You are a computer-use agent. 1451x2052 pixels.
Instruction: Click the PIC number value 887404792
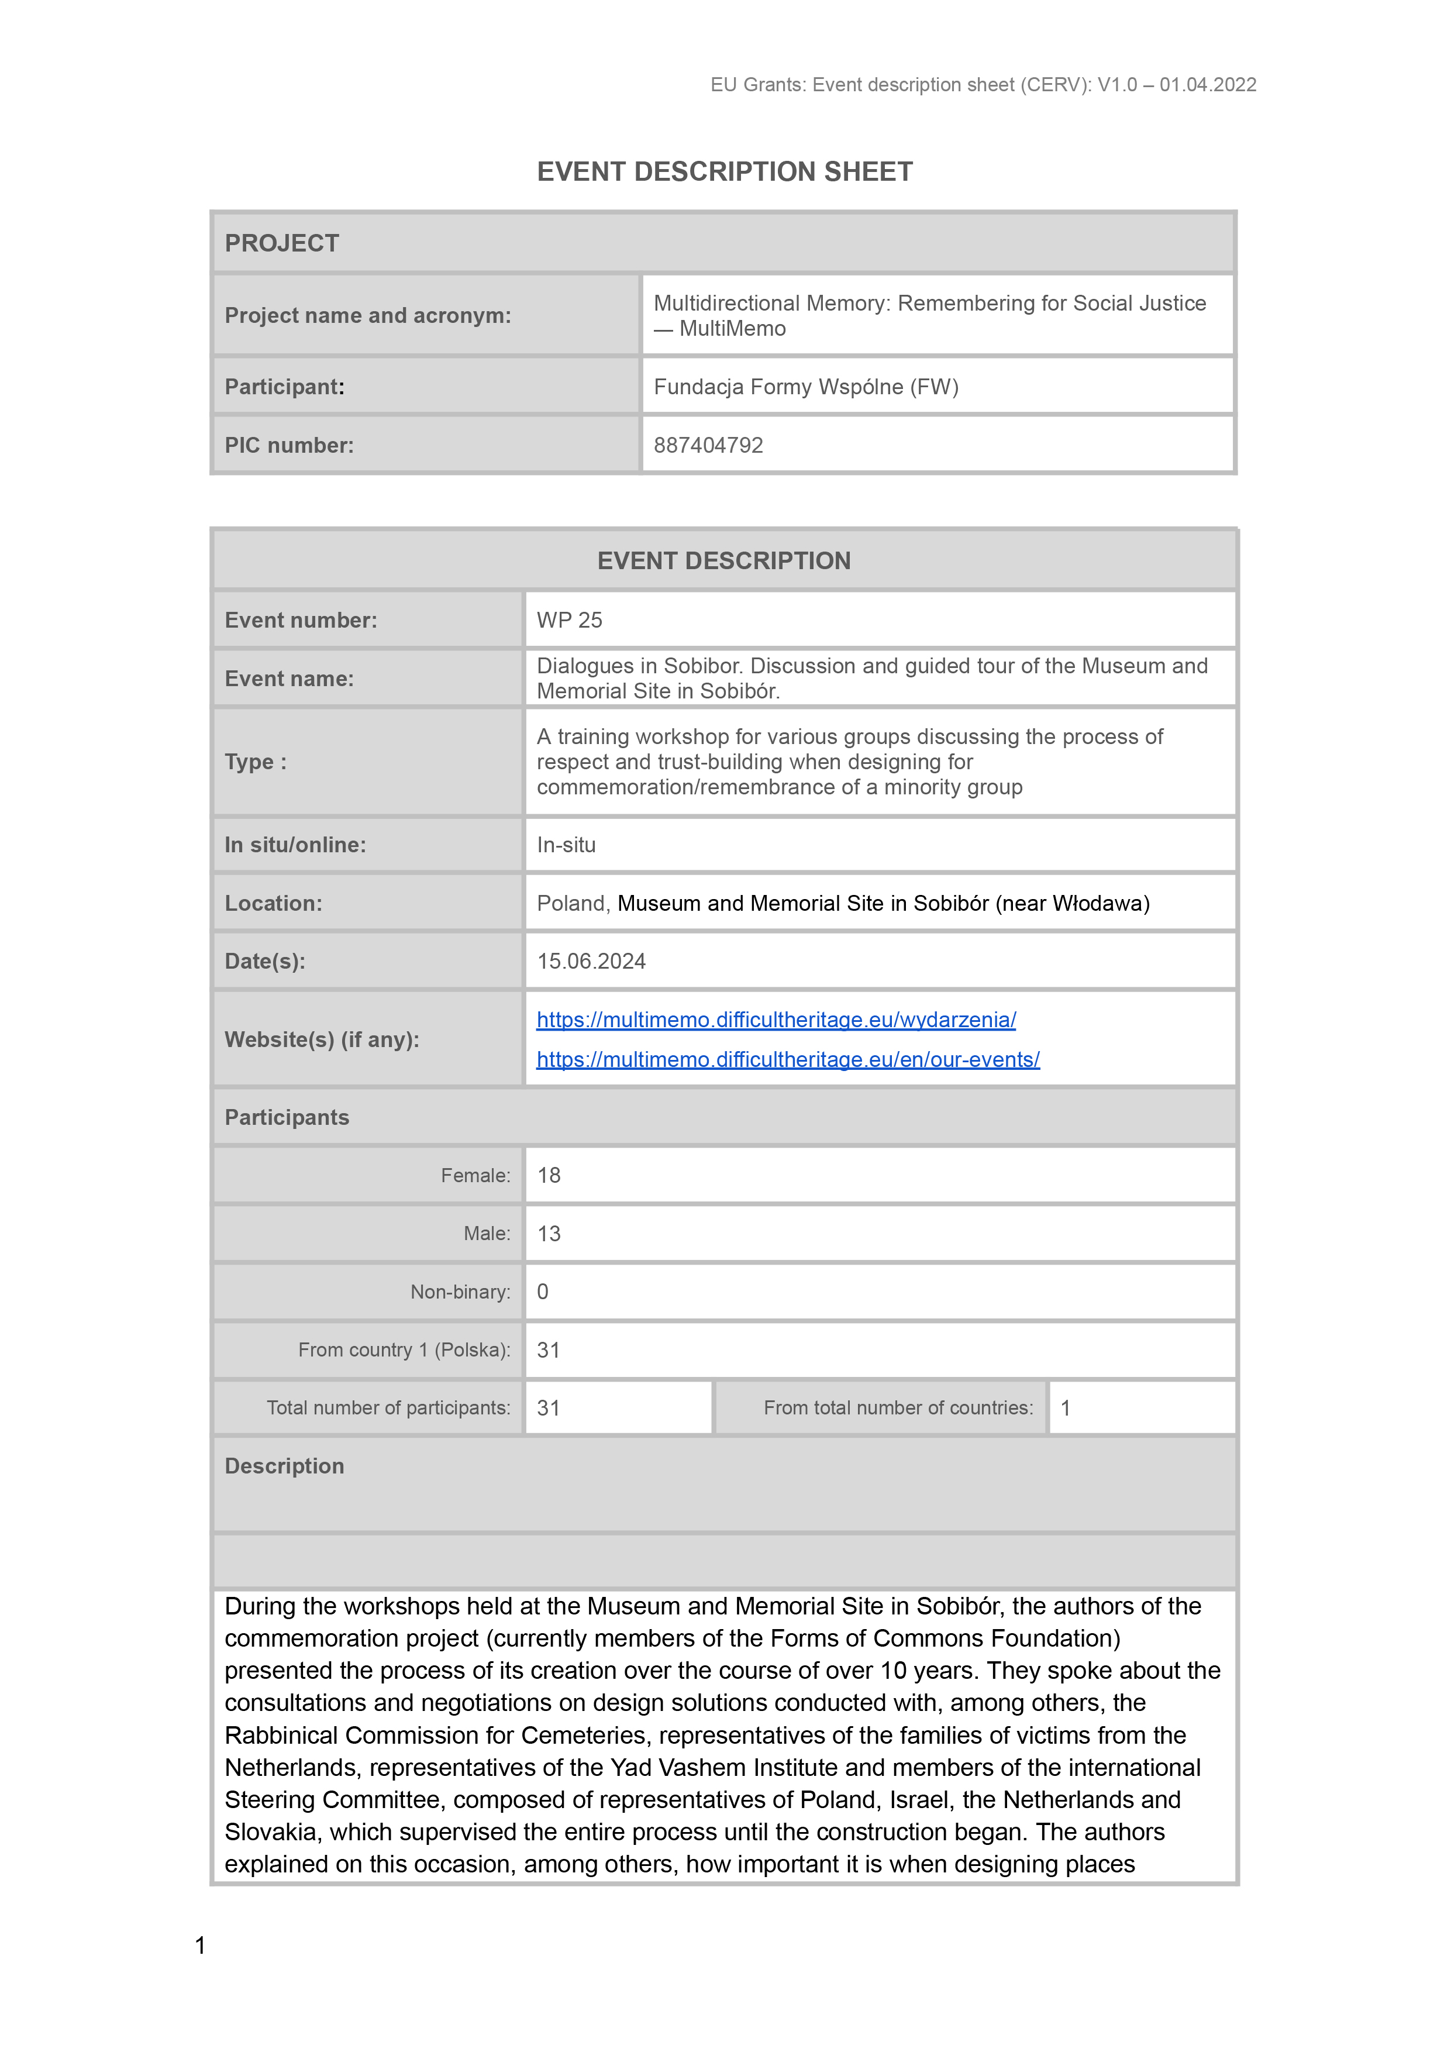point(708,445)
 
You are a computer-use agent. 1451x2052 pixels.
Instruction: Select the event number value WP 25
point(569,620)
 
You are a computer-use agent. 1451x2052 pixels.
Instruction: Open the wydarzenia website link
point(776,1020)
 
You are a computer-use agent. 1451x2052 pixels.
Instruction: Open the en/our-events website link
point(787,1059)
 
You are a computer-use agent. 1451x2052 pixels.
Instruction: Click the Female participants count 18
point(549,1175)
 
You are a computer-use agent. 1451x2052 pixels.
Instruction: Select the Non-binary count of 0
point(542,1292)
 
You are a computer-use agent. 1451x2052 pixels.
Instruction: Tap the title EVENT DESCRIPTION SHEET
point(725,171)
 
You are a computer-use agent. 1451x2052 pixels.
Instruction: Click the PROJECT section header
point(281,243)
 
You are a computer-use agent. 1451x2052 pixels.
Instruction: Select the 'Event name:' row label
point(288,679)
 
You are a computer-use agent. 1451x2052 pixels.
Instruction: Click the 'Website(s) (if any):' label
point(322,1039)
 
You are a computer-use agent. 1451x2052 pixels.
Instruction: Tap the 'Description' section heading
point(284,1466)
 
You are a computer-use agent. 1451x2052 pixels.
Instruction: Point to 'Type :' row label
point(256,762)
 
